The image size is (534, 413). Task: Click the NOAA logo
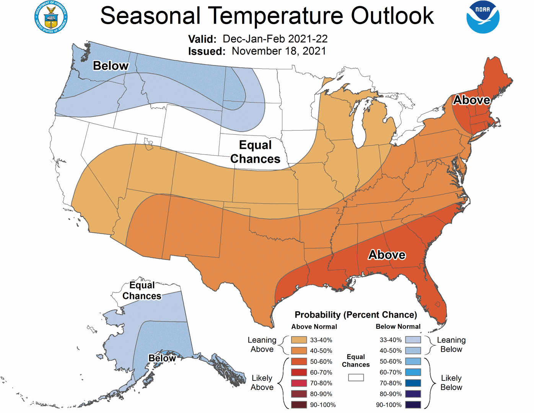(x=482, y=17)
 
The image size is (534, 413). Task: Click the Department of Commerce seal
(x=51, y=17)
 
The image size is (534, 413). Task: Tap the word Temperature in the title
(x=278, y=16)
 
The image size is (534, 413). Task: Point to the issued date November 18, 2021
(x=279, y=51)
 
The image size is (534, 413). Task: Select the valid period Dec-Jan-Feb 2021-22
(x=275, y=39)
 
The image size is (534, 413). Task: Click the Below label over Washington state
(x=111, y=66)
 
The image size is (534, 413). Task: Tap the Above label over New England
(x=471, y=100)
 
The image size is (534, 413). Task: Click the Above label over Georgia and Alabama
(x=386, y=255)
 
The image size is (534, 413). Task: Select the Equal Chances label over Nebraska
(x=255, y=152)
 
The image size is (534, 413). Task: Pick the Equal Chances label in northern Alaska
(x=142, y=291)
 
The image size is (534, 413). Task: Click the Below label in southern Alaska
(x=162, y=358)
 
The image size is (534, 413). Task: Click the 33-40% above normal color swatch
(x=299, y=340)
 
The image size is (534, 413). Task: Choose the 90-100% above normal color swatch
(x=299, y=405)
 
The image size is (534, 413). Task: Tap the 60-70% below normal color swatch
(x=413, y=372)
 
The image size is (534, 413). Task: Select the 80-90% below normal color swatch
(x=413, y=394)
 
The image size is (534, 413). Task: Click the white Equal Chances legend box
(x=356, y=378)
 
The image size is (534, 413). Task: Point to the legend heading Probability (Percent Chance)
(x=355, y=315)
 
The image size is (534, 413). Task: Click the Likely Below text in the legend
(x=451, y=383)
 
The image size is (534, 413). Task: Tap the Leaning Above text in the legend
(x=262, y=344)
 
